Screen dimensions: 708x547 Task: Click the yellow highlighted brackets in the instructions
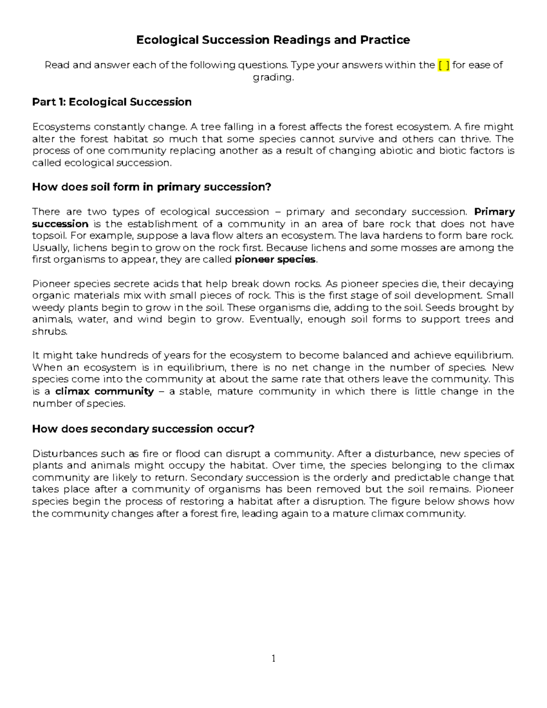tap(444, 65)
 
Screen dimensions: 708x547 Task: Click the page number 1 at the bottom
tap(273, 658)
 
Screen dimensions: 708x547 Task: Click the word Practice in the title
tap(385, 40)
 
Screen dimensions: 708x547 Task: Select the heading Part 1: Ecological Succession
tap(112, 102)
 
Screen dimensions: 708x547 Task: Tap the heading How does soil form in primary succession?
tap(151, 187)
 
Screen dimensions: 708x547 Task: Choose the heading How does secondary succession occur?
tap(143, 429)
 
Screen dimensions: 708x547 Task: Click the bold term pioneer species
tap(275, 260)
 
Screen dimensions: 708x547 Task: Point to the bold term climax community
tap(104, 391)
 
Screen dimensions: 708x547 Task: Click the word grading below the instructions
tap(273, 78)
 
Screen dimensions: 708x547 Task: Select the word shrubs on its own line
tap(49, 331)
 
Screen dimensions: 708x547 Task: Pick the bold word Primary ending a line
tap(495, 212)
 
